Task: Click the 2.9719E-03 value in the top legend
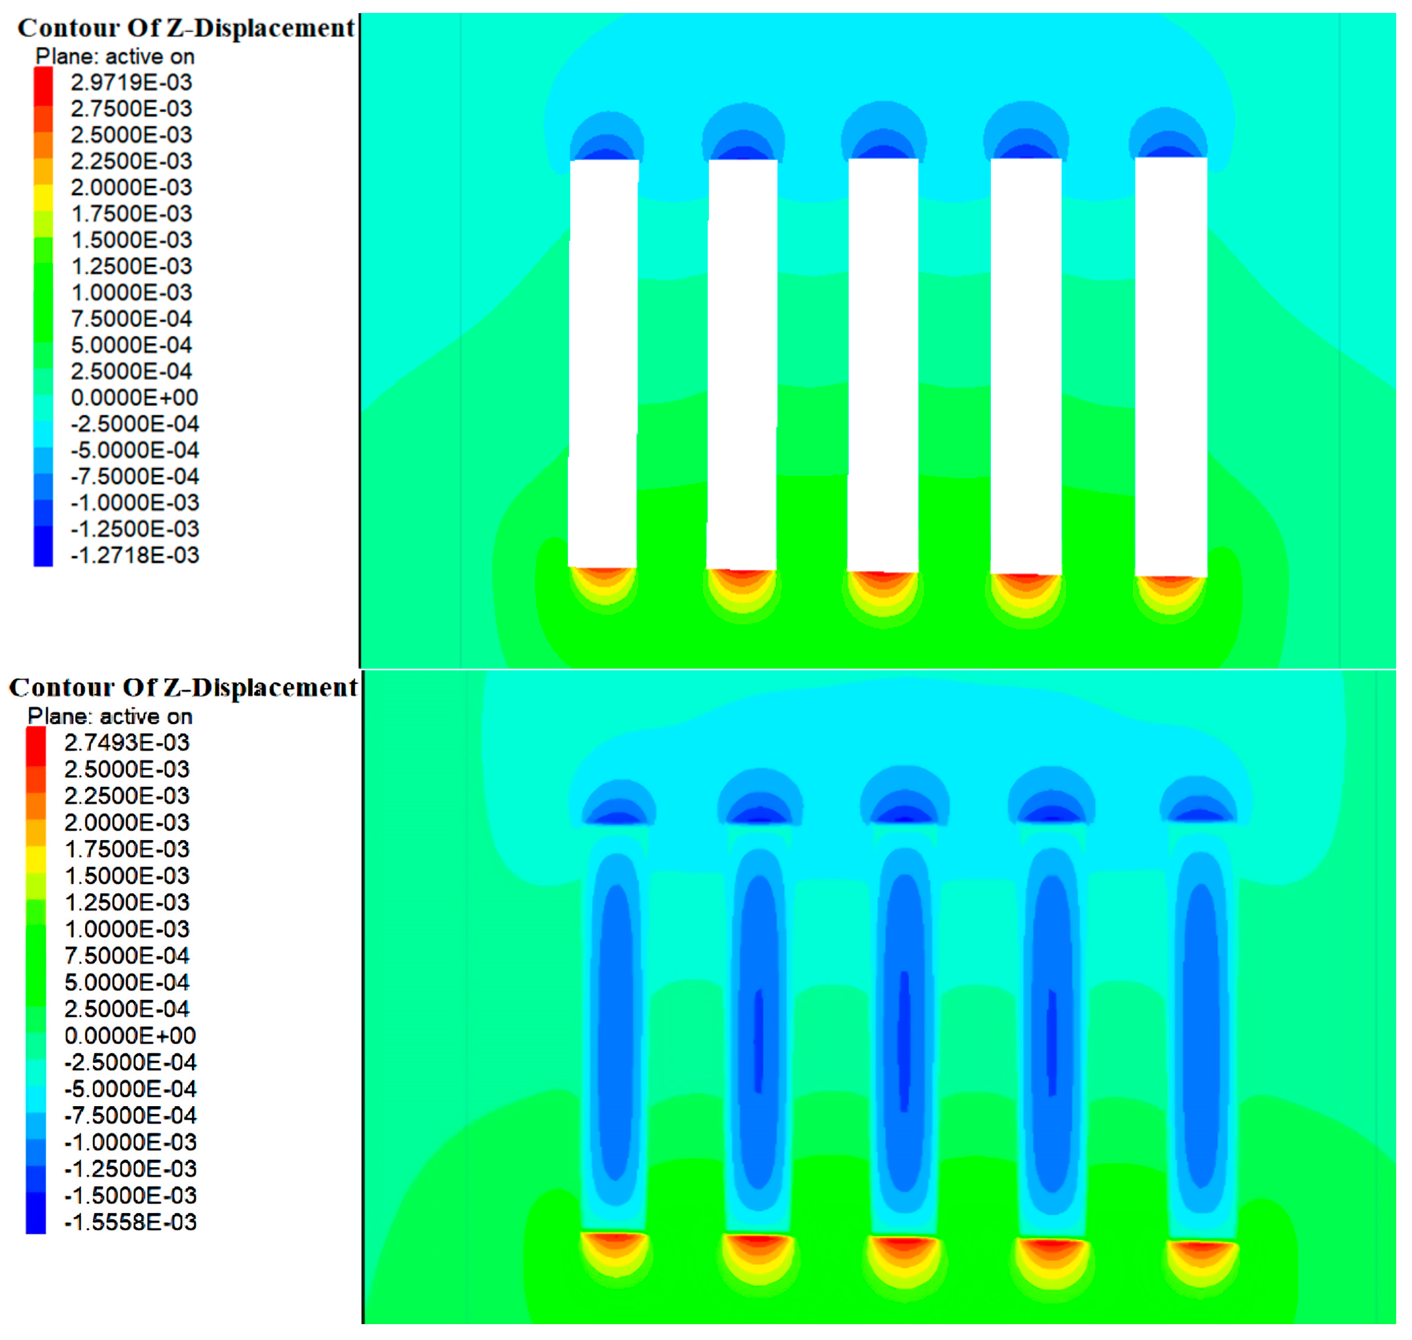click(132, 82)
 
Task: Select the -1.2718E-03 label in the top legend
click(135, 555)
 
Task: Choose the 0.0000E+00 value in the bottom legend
click(130, 1036)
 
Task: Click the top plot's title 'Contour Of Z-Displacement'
click(186, 28)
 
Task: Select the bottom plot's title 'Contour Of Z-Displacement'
click(183, 687)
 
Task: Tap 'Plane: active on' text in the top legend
click(115, 56)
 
